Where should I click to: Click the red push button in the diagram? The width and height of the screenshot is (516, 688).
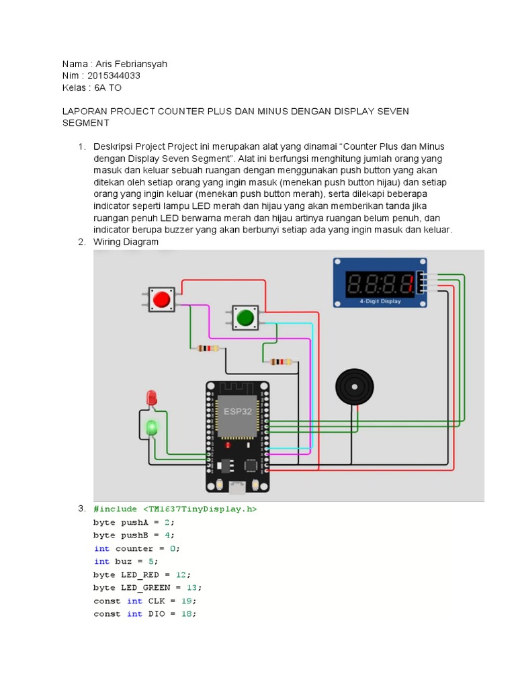(x=161, y=299)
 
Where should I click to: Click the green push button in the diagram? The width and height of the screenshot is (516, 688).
(x=245, y=317)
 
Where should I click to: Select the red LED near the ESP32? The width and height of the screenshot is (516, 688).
(x=152, y=398)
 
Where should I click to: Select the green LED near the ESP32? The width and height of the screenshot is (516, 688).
(x=152, y=427)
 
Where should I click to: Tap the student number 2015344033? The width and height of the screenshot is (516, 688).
(x=118, y=76)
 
